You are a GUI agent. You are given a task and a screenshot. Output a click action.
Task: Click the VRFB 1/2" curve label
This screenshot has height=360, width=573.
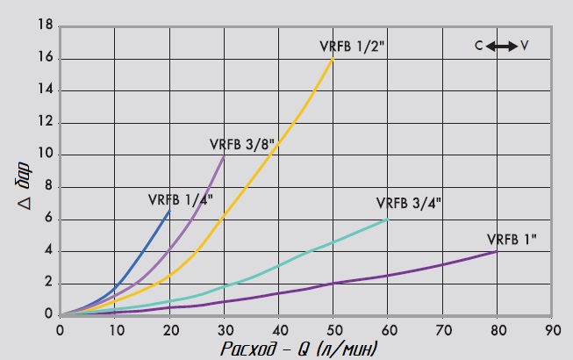tap(354, 47)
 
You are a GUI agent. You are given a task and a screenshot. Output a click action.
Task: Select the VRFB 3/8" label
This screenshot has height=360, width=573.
tap(243, 144)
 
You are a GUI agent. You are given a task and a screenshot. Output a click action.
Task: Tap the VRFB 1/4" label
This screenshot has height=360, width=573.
tap(181, 199)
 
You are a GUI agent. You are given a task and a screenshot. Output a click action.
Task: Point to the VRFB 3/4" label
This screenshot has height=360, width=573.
tap(409, 203)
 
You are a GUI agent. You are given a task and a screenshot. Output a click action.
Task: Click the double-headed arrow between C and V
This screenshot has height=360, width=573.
tap(502, 45)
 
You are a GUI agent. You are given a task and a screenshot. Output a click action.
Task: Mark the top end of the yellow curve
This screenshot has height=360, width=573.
tap(333, 59)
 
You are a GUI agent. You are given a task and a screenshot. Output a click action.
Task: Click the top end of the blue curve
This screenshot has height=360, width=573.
tap(170, 211)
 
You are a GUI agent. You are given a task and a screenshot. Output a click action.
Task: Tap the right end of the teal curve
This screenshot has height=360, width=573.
tap(388, 220)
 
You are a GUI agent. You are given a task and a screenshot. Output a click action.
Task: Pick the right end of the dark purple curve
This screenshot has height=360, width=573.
tap(498, 251)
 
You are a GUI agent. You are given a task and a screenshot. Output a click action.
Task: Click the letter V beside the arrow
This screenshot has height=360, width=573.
tap(524, 45)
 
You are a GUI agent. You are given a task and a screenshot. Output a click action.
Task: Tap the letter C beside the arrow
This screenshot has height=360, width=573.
tap(479, 45)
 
